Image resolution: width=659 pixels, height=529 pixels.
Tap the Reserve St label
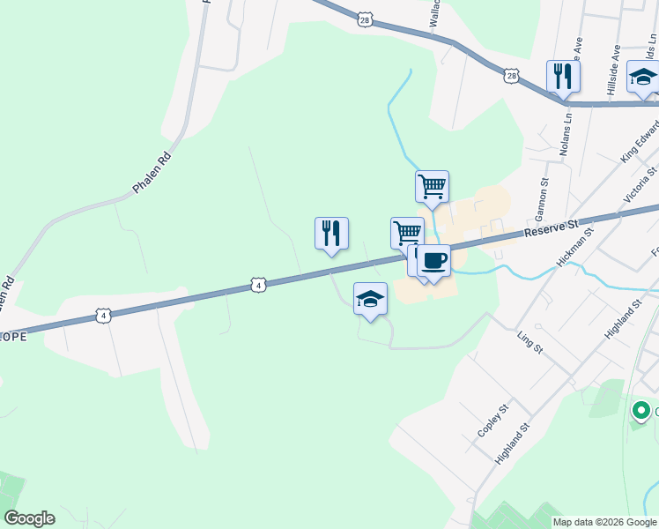pyautogui.click(x=550, y=229)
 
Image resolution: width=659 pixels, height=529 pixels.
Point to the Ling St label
pyautogui.click(x=529, y=342)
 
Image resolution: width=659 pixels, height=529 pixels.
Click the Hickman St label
pyautogui.click(x=576, y=246)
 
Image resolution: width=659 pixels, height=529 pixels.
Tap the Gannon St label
pyautogui.click(x=542, y=202)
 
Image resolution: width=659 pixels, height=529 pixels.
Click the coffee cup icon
pyautogui.click(x=433, y=261)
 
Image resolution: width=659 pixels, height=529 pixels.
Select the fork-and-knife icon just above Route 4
pyautogui.click(x=331, y=233)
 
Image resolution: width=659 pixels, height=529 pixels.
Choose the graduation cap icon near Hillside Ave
pyautogui.click(x=643, y=77)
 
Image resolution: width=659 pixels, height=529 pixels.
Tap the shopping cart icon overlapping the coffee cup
pyautogui.click(x=406, y=233)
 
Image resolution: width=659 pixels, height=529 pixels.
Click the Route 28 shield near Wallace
pyautogui.click(x=366, y=19)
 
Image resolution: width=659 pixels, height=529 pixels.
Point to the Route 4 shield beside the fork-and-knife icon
pyautogui.click(x=257, y=285)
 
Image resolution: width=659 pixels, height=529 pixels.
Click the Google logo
pyautogui.click(x=29, y=518)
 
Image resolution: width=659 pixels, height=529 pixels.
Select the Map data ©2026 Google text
pyautogui.click(x=605, y=522)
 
